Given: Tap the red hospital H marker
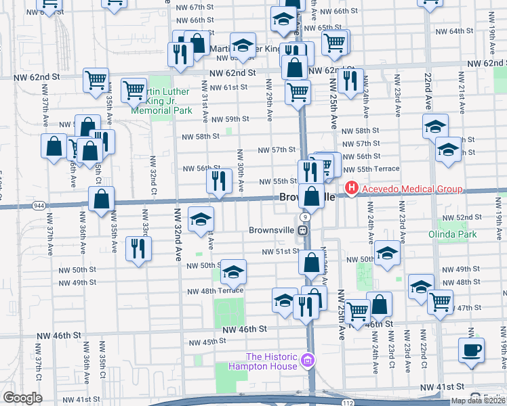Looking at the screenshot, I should [352, 189].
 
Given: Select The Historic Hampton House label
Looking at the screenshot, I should [271, 361].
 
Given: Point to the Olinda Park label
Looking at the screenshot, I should [452, 235].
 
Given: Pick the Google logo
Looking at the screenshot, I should [22, 398].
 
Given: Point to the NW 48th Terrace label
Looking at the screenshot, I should [215, 291].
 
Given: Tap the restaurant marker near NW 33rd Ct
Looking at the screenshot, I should [137, 248].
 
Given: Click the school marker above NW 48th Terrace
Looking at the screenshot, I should [232, 271].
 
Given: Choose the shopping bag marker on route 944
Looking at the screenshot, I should [101, 199].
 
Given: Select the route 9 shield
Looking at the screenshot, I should [306, 217].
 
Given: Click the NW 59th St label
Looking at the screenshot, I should [230, 119].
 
